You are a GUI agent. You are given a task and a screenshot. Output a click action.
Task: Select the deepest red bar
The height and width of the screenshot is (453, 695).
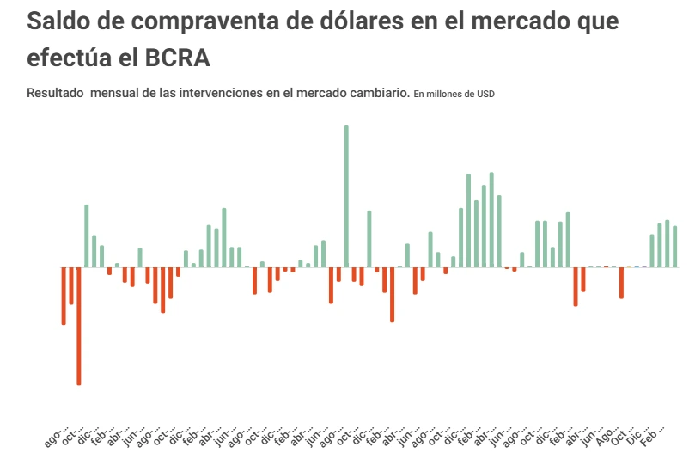pyautogui.click(x=79, y=326)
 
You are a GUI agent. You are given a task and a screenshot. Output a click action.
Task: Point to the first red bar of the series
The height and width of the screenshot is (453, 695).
pyautogui.click(x=64, y=296)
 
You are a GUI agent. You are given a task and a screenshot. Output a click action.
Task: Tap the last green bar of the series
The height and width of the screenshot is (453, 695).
pyautogui.click(x=675, y=247)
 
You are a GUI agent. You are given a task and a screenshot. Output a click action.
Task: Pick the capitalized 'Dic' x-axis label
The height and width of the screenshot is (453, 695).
pyautogui.click(x=636, y=427)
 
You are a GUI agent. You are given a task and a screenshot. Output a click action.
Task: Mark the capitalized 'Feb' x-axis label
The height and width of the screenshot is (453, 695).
pyautogui.click(x=651, y=427)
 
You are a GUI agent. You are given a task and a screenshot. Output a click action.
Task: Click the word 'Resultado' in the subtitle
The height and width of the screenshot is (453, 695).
pyautogui.click(x=55, y=93)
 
